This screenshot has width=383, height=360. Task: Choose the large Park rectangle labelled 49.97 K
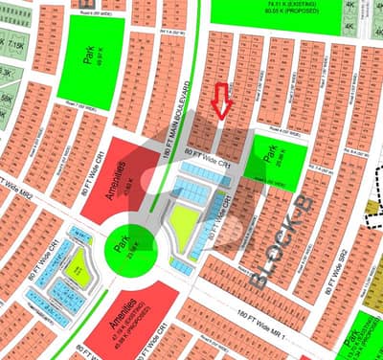click(x=90, y=58)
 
